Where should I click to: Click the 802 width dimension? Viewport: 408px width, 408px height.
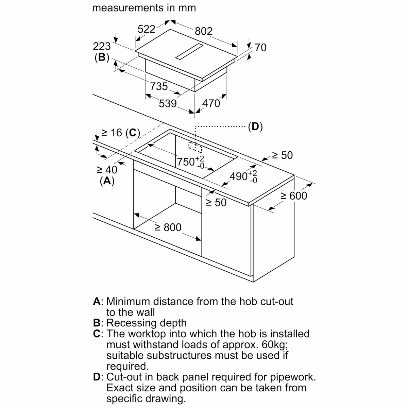click(x=204, y=31)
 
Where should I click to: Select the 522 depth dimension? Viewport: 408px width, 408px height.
click(x=146, y=29)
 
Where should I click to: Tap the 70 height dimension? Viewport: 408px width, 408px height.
click(x=260, y=48)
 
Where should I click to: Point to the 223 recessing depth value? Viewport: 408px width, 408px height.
click(x=102, y=46)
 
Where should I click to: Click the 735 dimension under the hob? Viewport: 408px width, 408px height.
click(x=159, y=86)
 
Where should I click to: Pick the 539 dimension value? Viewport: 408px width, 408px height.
click(x=168, y=103)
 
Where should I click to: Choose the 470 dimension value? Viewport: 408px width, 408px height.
click(x=211, y=103)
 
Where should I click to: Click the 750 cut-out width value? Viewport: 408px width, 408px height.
click(x=186, y=161)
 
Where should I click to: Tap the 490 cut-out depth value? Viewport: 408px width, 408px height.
click(x=239, y=176)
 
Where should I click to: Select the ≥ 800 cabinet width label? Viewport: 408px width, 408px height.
click(x=168, y=227)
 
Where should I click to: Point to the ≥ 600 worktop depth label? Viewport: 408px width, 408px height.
click(x=293, y=196)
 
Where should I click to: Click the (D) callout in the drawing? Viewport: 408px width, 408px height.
click(x=255, y=127)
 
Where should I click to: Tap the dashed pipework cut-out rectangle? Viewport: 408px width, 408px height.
click(x=195, y=147)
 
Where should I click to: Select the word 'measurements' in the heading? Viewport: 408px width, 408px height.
click(x=129, y=8)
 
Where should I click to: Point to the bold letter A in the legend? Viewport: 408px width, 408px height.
click(x=97, y=302)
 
